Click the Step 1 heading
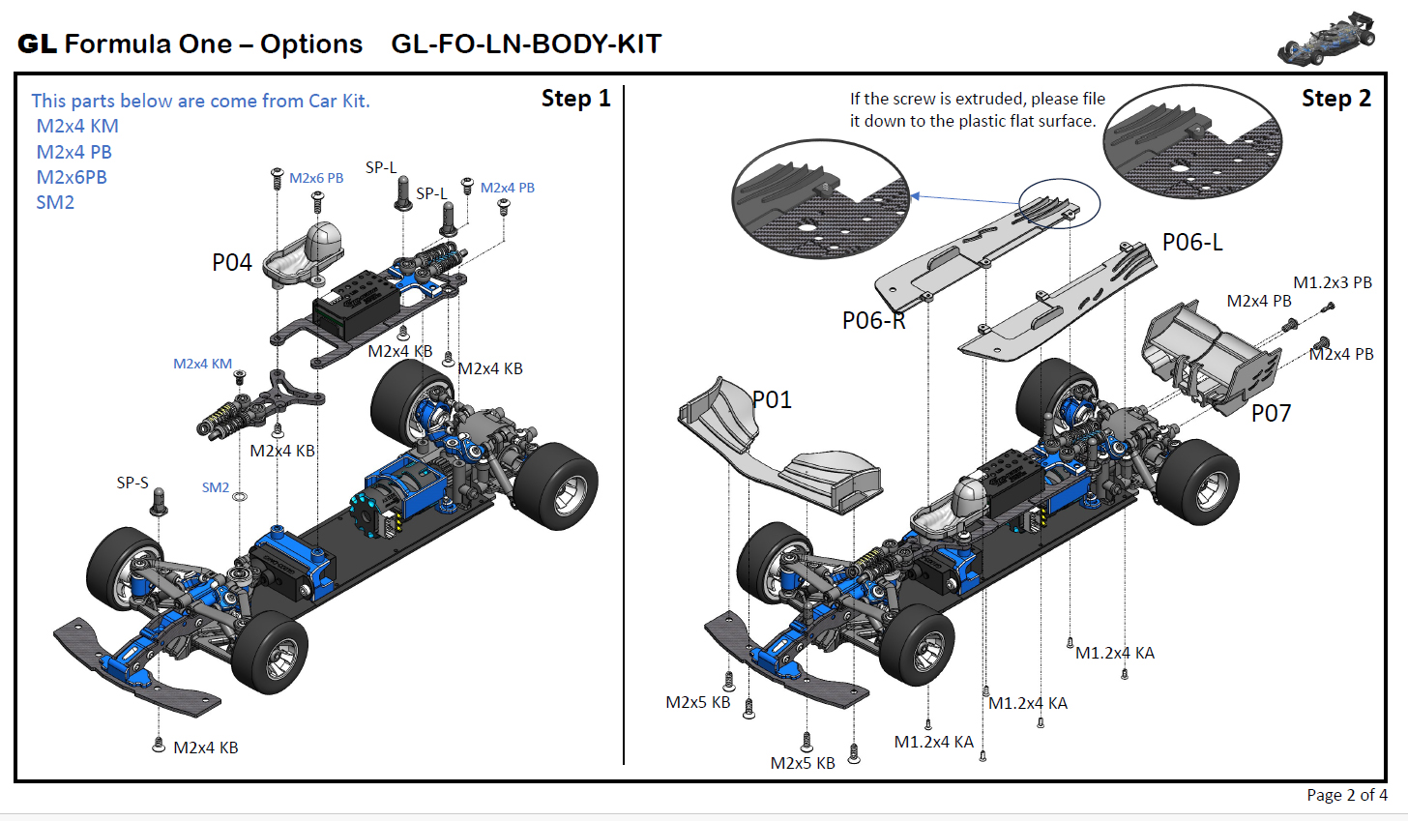click(x=575, y=99)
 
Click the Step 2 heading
click(x=1335, y=99)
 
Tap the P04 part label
click(x=232, y=263)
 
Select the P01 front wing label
click(x=773, y=399)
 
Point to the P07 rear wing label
click(x=1271, y=414)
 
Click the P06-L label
click(x=1192, y=243)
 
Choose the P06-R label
click(x=873, y=321)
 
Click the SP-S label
click(x=132, y=483)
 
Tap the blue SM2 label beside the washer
click(x=216, y=487)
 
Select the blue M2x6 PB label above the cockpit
click(x=316, y=178)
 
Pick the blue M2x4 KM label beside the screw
click(x=202, y=364)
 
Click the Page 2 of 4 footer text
click(x=1346, y=795)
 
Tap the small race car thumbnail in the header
click(x=1326, y=41)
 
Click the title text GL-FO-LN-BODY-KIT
click(x=526, y=44)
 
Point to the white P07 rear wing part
click(x=1209, y=358)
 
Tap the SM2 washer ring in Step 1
click(x=240, y=497)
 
